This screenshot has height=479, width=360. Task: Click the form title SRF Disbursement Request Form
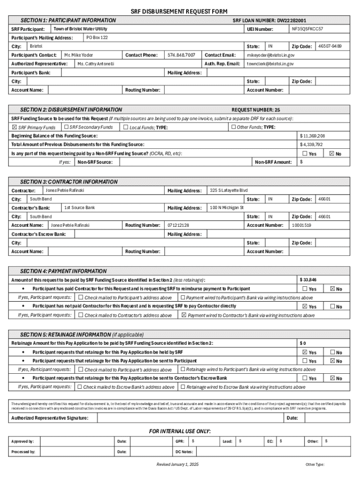point(180,11)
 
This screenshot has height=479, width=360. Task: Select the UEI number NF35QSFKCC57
point(307,29)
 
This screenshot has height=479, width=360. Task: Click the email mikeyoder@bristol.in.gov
point(271,55)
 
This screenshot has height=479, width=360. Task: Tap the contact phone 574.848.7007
point(181,55)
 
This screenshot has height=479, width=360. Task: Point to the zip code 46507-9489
point(330,46)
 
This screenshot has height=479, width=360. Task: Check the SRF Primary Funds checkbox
point(14,127)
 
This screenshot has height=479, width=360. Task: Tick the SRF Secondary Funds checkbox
point(66,127)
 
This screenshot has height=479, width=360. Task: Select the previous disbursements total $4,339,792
point(311,145)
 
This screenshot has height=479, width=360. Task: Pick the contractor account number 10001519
point(301,225)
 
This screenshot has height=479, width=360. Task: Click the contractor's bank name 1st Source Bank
point(79,207)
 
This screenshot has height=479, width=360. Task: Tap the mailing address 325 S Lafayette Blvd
point(229,190)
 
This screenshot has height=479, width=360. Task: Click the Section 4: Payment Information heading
point(63,271)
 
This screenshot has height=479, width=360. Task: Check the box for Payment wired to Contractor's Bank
point(184,315)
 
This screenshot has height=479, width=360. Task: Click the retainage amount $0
point(302,343)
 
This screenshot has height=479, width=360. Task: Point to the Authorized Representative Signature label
point(50,418)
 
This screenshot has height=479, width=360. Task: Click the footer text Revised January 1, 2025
point(178,464)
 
